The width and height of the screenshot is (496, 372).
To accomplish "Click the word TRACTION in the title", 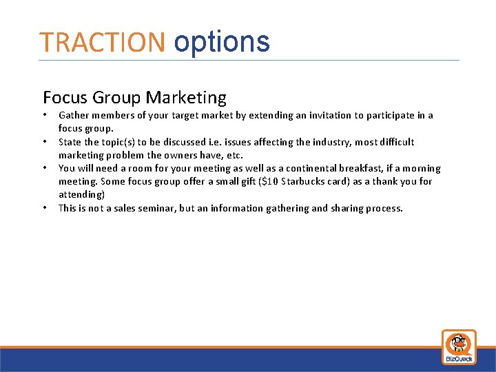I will (102, 43).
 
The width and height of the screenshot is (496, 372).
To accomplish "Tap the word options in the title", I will (222, 43).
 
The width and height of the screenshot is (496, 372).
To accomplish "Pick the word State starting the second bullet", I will (70, 142).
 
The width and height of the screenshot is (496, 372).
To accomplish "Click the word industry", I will (332, 142).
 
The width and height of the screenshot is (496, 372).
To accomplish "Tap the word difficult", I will (394, 142).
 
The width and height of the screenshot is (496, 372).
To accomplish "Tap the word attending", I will (81, 194).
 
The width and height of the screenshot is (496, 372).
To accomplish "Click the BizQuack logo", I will (459, 347).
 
